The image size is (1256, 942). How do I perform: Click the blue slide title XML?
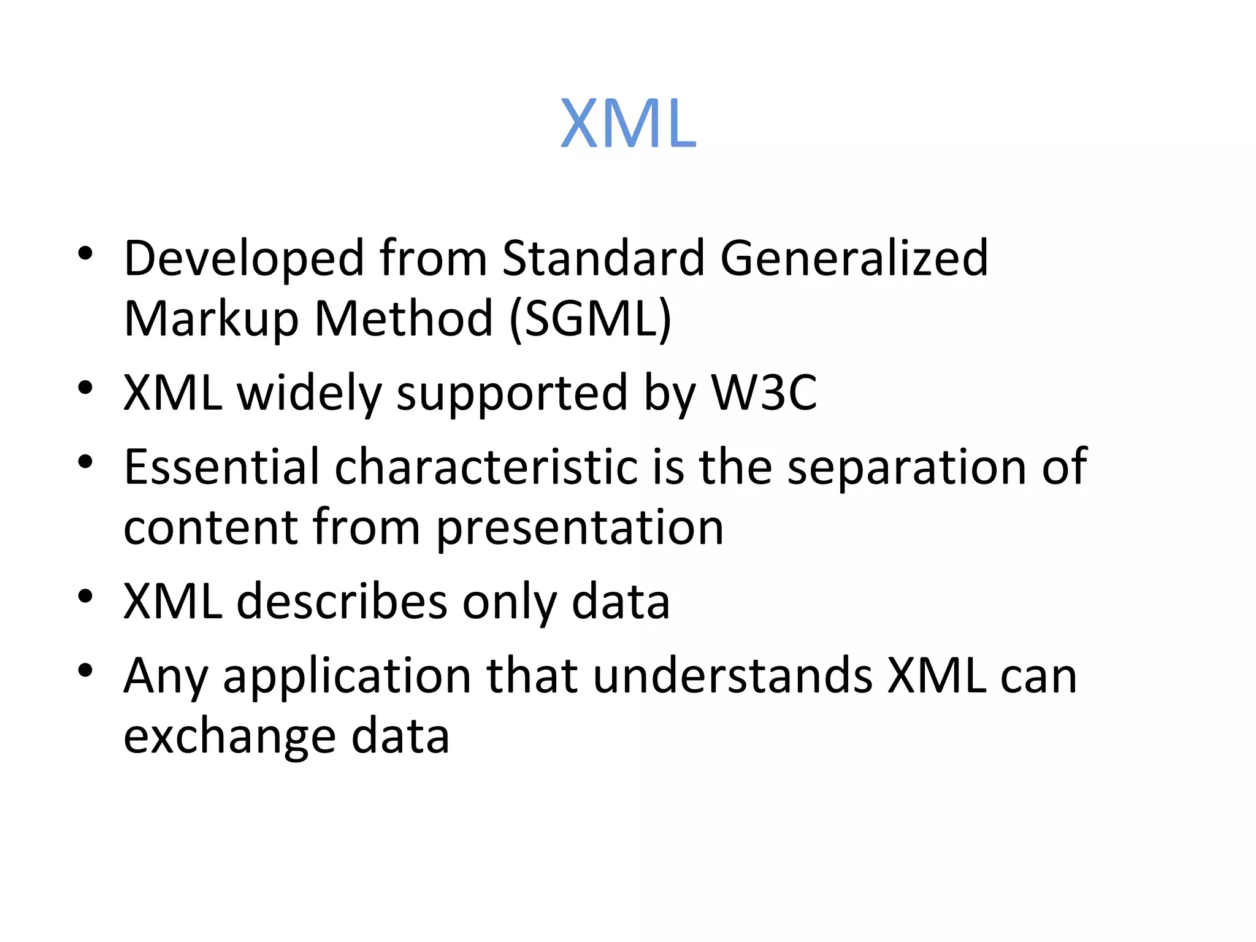pos(629,124)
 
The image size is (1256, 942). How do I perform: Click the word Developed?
pos(244,259)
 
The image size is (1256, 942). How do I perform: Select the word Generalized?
pos(853,259)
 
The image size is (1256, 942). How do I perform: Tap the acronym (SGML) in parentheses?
pos(591,319)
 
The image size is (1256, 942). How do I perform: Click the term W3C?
pos(764,392)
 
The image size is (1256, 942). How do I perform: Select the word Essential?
pos(221,467)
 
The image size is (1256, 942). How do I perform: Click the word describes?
pos(342,602)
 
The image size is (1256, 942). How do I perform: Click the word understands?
pos(732,676)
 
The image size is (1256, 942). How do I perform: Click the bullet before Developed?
pos(85,253)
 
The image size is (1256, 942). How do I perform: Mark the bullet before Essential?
pos(85,462)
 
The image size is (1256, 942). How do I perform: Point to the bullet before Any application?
pos(85,670)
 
